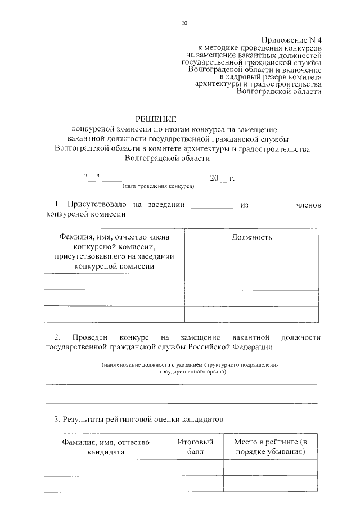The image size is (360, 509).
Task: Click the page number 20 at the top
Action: point(184,23)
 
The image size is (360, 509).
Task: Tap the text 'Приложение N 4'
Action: point(291,39)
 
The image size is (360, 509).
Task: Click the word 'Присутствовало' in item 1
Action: point(96,205)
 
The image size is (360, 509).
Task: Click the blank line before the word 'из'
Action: point(212,208)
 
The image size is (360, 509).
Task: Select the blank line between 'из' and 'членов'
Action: point(272,208)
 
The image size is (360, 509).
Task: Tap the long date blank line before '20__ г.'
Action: point(154,181)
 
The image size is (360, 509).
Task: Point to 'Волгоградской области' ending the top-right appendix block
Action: point(280,91)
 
